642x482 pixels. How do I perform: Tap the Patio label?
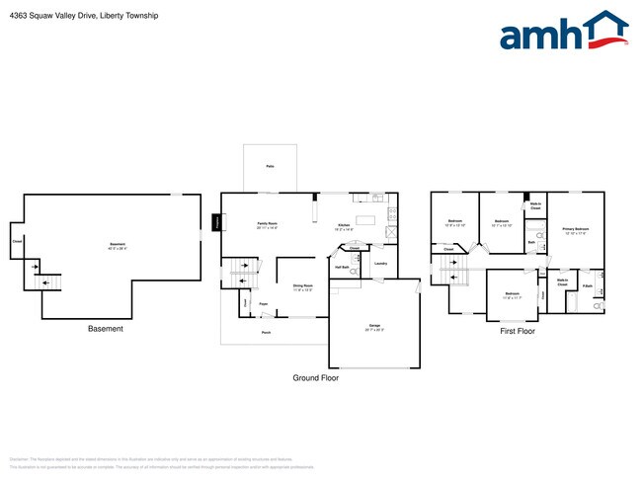pyautogui.click(x=270, y=166)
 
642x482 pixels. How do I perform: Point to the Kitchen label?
pyautogui.click(x=344, y=226)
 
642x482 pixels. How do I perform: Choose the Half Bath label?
pyautogui.click(x=342, y=268)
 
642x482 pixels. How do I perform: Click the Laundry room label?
pyautogui.click(x=379, y=263)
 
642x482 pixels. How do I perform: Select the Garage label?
pyautogui.click(x=374, y=324)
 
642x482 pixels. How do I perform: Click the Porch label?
pyautogui.click(x=266, y=333)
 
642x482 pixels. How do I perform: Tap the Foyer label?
pyautogui.click(x=264, y=303)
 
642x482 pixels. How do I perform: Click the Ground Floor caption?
pyautogui.click(x=315, y=378)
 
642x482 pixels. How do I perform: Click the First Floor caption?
pyautogui.click(x=518, y=332)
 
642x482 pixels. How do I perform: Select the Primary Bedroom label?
pyautogui.click(x=575, y=231)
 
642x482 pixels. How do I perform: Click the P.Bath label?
pyautogui.click(x=587, y=286)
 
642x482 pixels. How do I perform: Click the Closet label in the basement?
pyautogui.click(x=17, y=241)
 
